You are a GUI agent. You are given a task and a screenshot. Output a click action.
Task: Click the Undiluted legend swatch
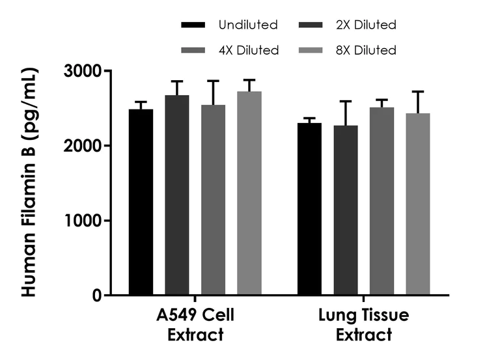tap(193, 25)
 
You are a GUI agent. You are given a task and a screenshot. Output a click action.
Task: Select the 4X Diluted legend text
tap(249, 50)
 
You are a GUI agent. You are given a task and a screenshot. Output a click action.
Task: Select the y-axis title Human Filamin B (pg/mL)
tap(29, 182)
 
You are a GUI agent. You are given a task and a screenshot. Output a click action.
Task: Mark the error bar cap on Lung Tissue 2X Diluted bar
tap(346, 102)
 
